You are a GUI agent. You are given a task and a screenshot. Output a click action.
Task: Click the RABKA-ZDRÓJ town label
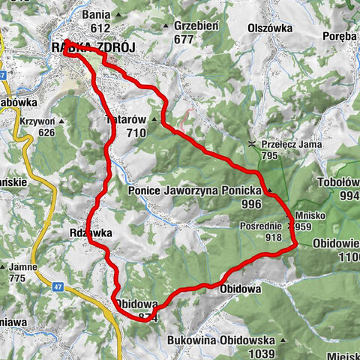tap(94, 47)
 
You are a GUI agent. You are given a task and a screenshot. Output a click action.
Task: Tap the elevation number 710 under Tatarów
tap(135, 133)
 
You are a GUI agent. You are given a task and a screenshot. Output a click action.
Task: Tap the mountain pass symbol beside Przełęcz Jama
tap(253, 143)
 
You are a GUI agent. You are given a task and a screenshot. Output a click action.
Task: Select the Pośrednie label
tap(261, 226)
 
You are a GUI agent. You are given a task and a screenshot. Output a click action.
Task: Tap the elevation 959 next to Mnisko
tap(303, 226)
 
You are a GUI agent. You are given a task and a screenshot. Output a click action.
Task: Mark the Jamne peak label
tap(23, 267)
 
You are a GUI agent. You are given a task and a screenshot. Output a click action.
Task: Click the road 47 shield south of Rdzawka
tap(58, 286)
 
